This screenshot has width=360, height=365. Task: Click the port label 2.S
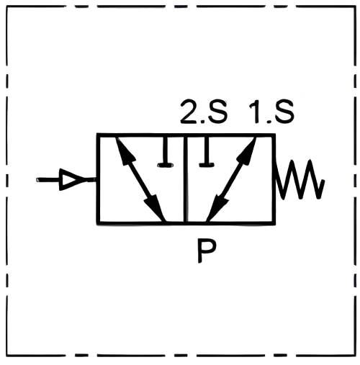tap(204, 112)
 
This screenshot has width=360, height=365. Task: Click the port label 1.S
tap(271, 112)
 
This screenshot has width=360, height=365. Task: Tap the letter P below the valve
tap(207, 251)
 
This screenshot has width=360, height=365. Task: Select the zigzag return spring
tap(300, 179)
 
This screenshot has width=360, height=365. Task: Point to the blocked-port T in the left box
tap(165, 152)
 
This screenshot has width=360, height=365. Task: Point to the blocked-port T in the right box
tap(207, 152)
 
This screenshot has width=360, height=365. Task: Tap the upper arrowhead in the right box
tap(246, 151)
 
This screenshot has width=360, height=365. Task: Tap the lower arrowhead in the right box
tap(216, 207)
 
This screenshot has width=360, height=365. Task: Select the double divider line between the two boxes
tap(186, 179)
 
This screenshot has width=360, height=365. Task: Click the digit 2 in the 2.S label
tap(189, 112)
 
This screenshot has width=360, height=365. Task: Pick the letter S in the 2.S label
tap(217, 112)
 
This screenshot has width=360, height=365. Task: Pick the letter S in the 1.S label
tap(284, 112)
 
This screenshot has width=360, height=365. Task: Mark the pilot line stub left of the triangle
tap(48, 180)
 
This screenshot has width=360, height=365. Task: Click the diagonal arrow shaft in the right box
tap(231, 179)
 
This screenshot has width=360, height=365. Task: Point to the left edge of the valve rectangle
tap(98, 179)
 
